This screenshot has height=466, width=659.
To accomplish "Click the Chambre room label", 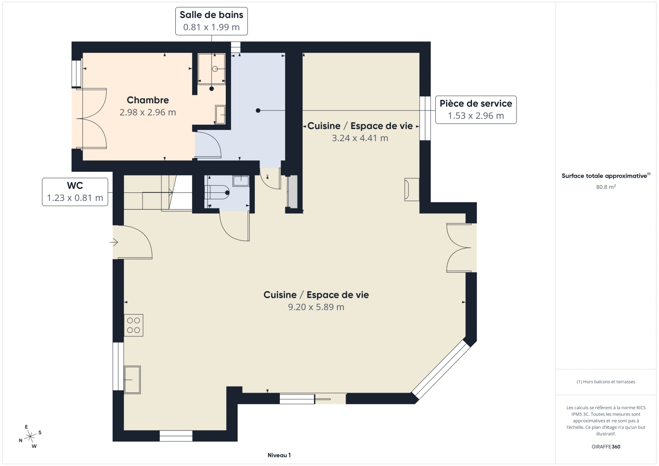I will point(148,100).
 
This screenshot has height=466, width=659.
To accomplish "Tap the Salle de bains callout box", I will point(211,21).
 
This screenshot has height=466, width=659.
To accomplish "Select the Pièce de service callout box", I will point(475,110).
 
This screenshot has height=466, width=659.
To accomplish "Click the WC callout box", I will point(75,192).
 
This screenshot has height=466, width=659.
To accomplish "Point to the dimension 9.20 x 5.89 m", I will point(316,307).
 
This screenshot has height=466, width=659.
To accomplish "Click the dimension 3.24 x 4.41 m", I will point(360,138).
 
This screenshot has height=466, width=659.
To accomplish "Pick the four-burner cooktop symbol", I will point(133,325).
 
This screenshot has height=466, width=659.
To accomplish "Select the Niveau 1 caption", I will point(279,455).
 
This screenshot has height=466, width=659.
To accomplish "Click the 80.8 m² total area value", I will point(605,187).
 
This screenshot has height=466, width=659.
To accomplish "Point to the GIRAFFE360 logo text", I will point(605,447).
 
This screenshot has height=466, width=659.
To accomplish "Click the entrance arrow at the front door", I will point(114,243).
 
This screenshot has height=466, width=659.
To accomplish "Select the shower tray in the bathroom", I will point(212,69).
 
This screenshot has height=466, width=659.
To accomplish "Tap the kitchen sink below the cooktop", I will point(132,380).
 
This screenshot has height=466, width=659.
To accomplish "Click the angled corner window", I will point(440,369).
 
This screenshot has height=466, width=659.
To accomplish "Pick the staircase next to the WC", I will point(158,193).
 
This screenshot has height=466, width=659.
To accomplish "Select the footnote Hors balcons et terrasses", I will point(605,381).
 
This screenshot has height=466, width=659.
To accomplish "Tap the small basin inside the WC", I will point(241,181).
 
